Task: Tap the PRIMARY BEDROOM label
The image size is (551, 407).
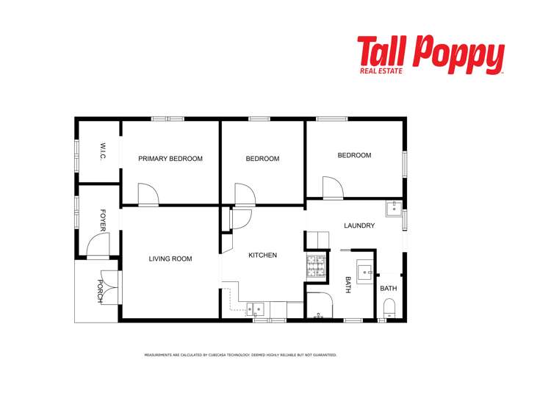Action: point(170,159)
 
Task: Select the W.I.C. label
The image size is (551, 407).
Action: point(103,153)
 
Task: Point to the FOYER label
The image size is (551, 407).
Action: point(103,220)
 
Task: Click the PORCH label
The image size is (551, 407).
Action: point(101,287)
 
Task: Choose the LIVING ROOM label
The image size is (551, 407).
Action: point(170,259)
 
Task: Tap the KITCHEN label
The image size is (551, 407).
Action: point(262,256)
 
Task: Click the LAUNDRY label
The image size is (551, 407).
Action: point(359,226)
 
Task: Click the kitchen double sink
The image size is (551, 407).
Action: point(258,309)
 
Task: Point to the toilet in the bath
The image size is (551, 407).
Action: point(389,308)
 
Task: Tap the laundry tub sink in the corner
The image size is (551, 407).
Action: point(395,207)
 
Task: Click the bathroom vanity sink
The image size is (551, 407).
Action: point(365,273)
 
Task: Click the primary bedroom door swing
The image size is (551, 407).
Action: point(149,195)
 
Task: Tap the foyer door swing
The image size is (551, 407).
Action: point(98,246)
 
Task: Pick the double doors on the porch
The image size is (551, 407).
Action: point(109,287)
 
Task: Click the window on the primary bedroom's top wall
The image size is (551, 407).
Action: point(168,119)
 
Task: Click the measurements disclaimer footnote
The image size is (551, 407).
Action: point(240,355)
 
